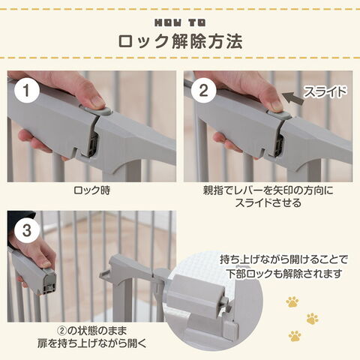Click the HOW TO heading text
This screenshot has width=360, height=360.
click(x=180, y=23)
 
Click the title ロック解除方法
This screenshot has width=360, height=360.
click(x=180, y=41)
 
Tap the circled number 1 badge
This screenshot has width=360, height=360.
click(x=27, y=91)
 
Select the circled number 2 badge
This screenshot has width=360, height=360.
click(x=203, y=91)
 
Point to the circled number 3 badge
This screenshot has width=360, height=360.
click(x=27, y=230)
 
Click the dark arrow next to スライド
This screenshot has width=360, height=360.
click(x=293, y=97)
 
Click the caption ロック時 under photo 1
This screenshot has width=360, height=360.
click(x=91, y=190)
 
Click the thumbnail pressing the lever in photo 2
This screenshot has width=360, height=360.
click(x=277, y=106)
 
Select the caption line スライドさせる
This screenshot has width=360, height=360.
click(x=268, y=202)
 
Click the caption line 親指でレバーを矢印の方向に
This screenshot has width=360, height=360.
click(x=268, y=190)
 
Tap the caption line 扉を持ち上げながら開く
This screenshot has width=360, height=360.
click(x=91, y=343)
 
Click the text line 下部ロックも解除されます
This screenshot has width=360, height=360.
click(x=284, y=274)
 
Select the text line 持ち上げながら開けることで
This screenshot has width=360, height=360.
click(x=284, y=260)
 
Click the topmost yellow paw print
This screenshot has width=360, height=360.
click(x=292, y=302)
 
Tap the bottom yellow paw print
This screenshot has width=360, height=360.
click(x=295, y=336)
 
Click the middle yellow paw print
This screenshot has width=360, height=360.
click(x=313, y=319)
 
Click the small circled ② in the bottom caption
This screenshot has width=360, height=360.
click(x=62, y=331)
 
